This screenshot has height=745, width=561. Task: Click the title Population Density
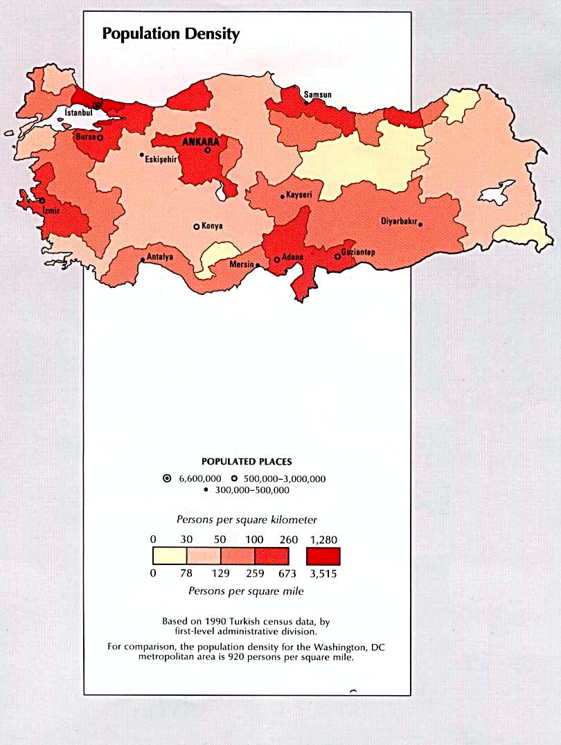point(170,34)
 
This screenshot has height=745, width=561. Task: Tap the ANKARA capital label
point(200,141)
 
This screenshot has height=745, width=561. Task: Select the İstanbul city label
point(78,111)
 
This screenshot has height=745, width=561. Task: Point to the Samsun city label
point(318,94)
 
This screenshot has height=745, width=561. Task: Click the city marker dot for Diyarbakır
point(420,224)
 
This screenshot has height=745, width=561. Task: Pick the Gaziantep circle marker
point(337,256)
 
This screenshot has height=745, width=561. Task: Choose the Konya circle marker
point(197,226)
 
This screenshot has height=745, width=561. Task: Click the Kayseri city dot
point(283,197)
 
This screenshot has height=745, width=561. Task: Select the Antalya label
point(160,257)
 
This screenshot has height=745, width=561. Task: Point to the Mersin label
point(242,264)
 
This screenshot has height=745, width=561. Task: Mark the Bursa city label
point(85,137)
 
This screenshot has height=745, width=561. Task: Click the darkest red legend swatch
point(323,556)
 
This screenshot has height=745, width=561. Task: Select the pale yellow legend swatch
point(170,556)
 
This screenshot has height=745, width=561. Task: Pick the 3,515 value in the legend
point(323,573)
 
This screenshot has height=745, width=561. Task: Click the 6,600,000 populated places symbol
point(167,478)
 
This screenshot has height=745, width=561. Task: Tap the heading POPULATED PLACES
point(247,461)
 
